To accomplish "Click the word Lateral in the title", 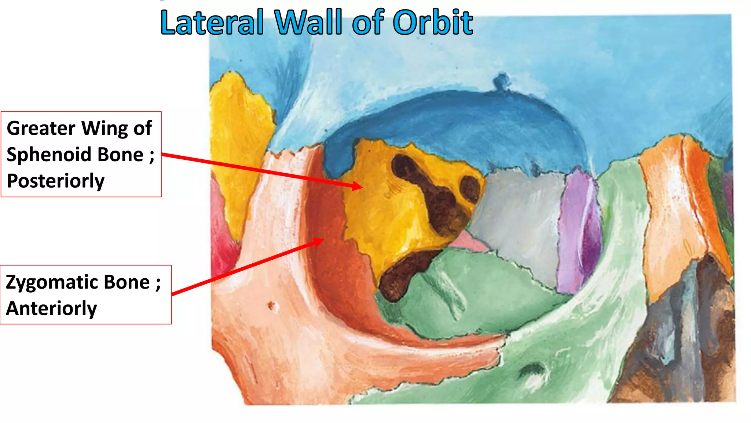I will coord(212,23).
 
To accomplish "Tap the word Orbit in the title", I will coord(433,23).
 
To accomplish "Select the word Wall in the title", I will coord(310,23).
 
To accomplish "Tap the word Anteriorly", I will coord(51,308).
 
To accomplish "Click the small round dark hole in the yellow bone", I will coord(470,189).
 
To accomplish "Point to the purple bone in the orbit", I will coord(579,228).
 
